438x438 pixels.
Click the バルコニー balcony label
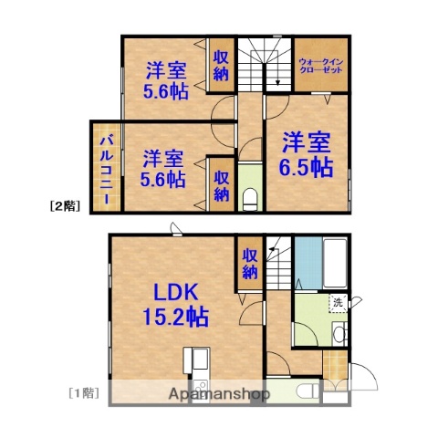coord(105,168)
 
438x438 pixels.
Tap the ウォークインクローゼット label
coord(319,67)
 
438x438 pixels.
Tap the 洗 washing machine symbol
coord(337,303)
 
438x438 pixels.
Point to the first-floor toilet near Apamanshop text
coord(308,391)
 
